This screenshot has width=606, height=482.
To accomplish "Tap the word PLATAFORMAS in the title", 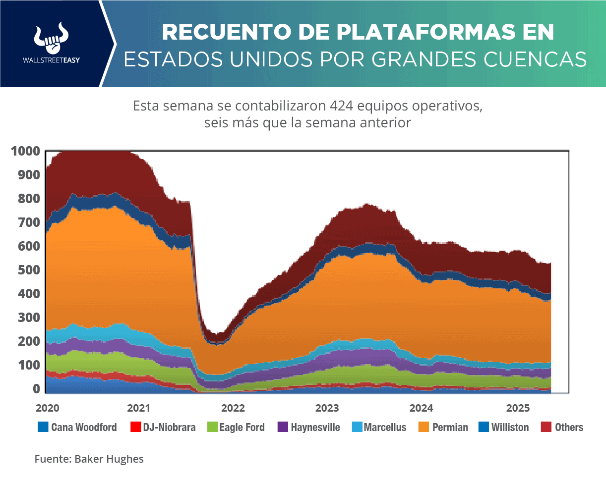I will click(408, 33).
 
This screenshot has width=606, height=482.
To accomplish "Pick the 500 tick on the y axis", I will click(29, 270).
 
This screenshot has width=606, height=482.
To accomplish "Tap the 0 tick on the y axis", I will click(36, 389).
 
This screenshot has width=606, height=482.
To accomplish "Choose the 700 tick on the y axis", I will click(29, 222).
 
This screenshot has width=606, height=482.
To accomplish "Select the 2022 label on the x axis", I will click(233, 408).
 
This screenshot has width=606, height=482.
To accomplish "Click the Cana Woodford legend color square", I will click(43, 427).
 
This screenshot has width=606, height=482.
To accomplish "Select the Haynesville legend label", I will click(315, 427).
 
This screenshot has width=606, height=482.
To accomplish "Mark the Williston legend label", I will click(510, 427).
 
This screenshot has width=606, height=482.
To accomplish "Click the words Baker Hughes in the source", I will click(109, 459).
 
